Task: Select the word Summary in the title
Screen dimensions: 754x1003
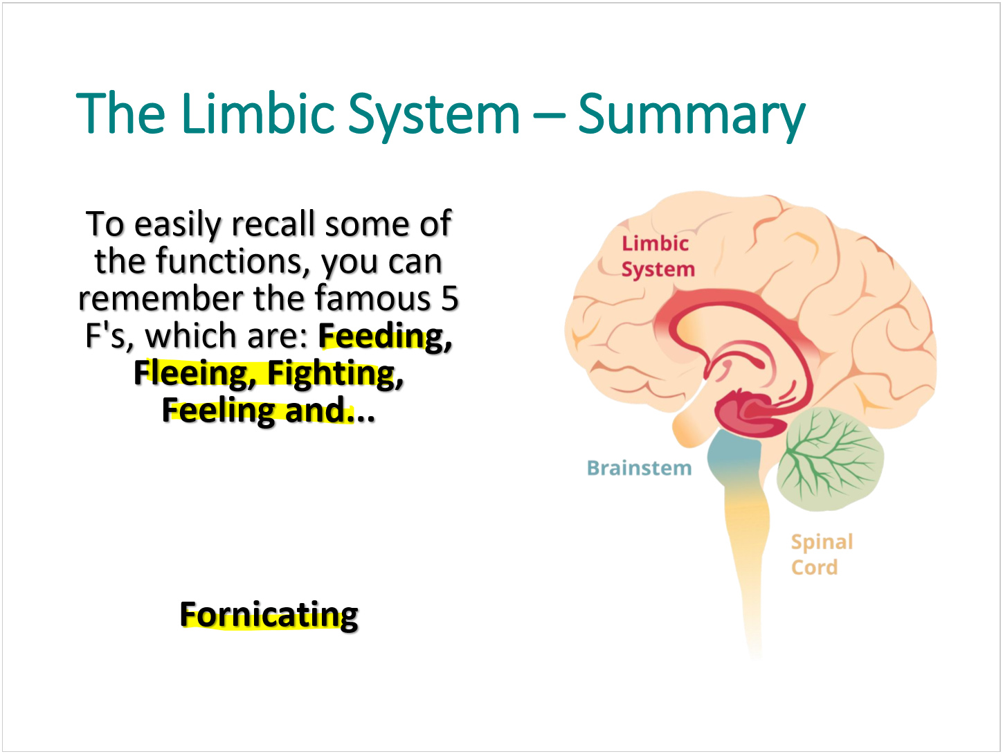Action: click(691, 115)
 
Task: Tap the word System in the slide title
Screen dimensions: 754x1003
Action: click(433, 115)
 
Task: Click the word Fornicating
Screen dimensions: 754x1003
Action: click(269, 615)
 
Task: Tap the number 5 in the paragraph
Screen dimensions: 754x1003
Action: click(449, 298)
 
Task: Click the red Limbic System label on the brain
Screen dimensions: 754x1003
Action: click(656, 256)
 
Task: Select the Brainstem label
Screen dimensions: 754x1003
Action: click(638, 468)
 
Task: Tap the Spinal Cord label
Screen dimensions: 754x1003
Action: click(821, 554)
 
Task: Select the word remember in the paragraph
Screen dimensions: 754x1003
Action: click(161, 298)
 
